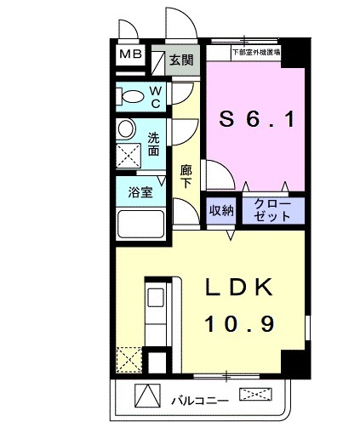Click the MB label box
pyautogui.click(x=131, y=56)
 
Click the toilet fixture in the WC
pyautogui.click(x=132, y=95)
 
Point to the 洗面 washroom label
pyautogui.click(x=154, y=144)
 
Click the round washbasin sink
pyautogui.click(x=126, y=129)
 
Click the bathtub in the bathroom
pyautogui.click(x=141, y=225)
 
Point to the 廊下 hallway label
pyautogui.click(x=185, y=177)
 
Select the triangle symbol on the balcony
pyautogui.click(x=146, y=396)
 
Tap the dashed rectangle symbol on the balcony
pyautogui.click(x=257, y=394)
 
